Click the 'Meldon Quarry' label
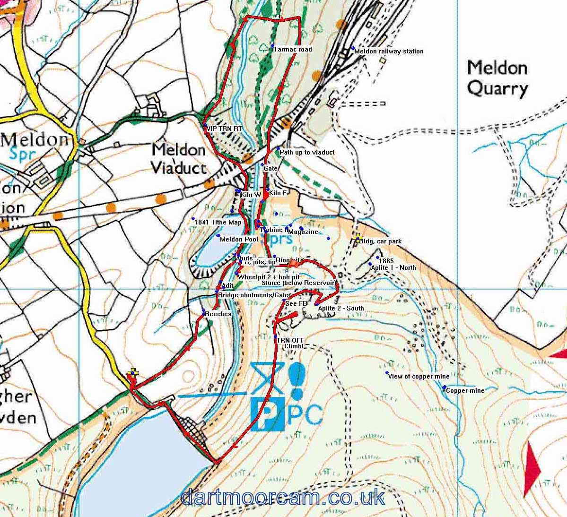[497, 78]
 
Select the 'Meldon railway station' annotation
[389, 51]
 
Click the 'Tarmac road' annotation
[292, 49]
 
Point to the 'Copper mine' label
[465, 391]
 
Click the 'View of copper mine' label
[418, 377]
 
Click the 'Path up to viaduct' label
[307, 152]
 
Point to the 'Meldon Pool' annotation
[239, 239]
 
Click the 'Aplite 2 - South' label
[341, 308]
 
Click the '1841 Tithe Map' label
[218, 222]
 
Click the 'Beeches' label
[218, 313]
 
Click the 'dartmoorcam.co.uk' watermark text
[282, 498]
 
